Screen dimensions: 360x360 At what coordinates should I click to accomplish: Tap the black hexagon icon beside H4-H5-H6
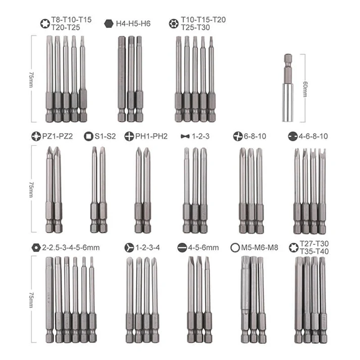point(109,23)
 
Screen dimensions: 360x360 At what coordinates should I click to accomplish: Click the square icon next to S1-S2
point(88,136)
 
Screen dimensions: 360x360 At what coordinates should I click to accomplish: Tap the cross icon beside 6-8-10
point(238,136)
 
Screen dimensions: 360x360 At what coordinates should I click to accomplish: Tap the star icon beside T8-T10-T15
point(44,22)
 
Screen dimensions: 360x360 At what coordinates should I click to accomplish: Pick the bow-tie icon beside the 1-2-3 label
point(184,136)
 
